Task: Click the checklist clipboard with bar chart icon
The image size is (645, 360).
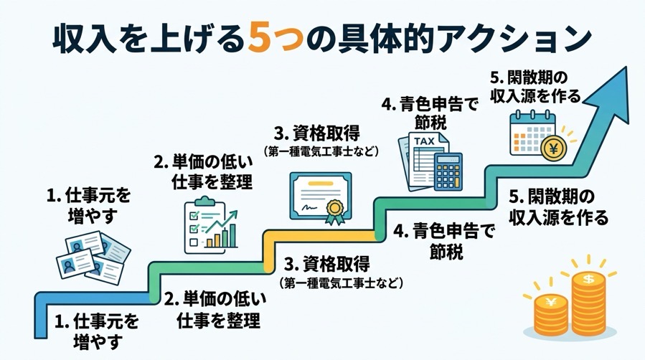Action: [x=209, y=226]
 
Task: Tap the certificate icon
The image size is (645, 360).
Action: [x=320, y=195]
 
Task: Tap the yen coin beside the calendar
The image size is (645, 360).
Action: [x=553, y=149]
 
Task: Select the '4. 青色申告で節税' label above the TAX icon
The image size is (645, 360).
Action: [x=428, y=113]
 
